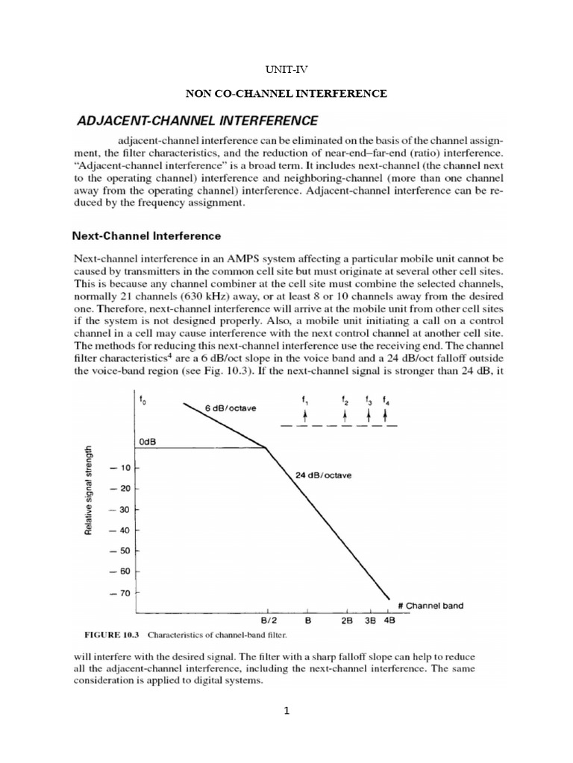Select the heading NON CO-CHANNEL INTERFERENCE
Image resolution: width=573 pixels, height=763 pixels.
pyautogui.click(x=286, y=94)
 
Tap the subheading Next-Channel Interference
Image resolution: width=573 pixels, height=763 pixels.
pyautogui.click(x=146, y=236)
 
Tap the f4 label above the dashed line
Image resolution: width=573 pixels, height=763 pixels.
pyautogui.click(x=386, y=400)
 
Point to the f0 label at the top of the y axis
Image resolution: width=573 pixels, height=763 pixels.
pyautogui.click(x=143, y=401)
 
